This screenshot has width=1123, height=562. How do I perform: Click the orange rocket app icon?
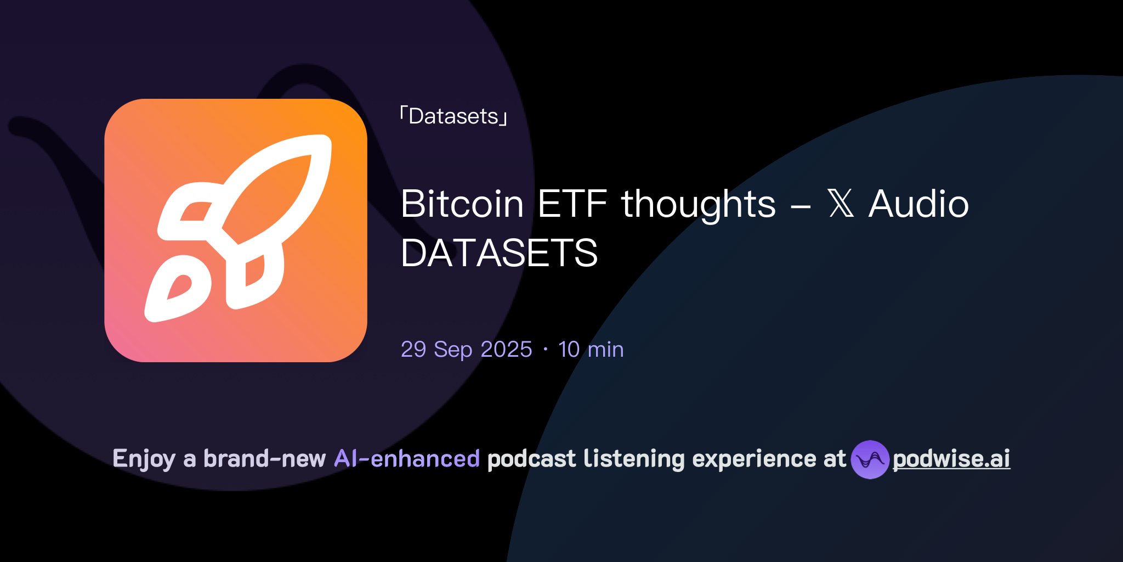(236, 231)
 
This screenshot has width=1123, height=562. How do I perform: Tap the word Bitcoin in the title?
(462, 204)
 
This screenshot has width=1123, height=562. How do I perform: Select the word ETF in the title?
(572, 204)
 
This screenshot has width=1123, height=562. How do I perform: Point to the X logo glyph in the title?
(841, 204)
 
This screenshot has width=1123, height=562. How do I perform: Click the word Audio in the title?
(918, 204)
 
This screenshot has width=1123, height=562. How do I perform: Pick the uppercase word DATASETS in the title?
(499, 253)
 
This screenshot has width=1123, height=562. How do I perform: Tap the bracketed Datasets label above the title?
(453, 116)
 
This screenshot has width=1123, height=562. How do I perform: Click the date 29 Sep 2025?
(466, 350)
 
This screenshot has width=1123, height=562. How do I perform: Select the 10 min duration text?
(591, 350)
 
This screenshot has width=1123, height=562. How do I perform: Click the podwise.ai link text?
(951, 459)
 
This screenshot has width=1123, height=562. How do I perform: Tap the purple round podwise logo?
(870, 459)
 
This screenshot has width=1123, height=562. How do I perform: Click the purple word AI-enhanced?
(407, 459)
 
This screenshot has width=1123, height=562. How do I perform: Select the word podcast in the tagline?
(531, 459)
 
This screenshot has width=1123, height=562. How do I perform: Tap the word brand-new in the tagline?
(264, 459)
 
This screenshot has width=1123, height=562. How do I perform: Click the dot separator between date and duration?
(545, 350)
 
